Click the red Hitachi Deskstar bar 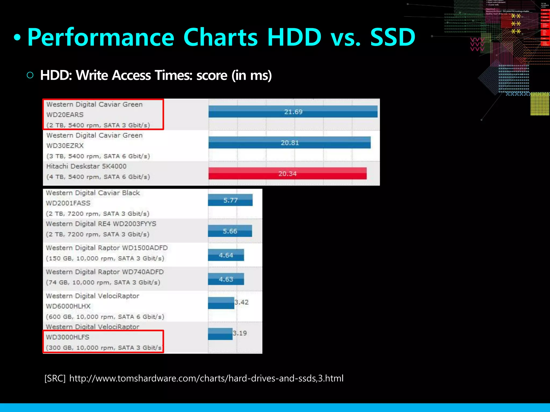coord(287,174)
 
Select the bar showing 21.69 coord(293,112)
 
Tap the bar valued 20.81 coord(290,142)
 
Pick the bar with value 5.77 coord(230,200)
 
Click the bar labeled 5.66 coord(230,231)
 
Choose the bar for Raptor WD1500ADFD coord(226,255)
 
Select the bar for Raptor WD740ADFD coord(226,279)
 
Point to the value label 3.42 coord(242,302)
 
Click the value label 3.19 coord(240,333)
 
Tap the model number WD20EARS coord(65,115)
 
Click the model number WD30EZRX coord(65,146)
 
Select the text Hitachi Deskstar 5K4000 coord(86,166)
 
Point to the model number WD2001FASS coord(68,203)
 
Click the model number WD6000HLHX coord(68,306)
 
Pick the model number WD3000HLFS coord(67,337)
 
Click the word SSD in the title coord(393,38)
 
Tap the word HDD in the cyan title coord(294,38)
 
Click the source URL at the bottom coord(206,378)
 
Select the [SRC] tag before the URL coord(55,378)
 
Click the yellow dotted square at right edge coord(540,104)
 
